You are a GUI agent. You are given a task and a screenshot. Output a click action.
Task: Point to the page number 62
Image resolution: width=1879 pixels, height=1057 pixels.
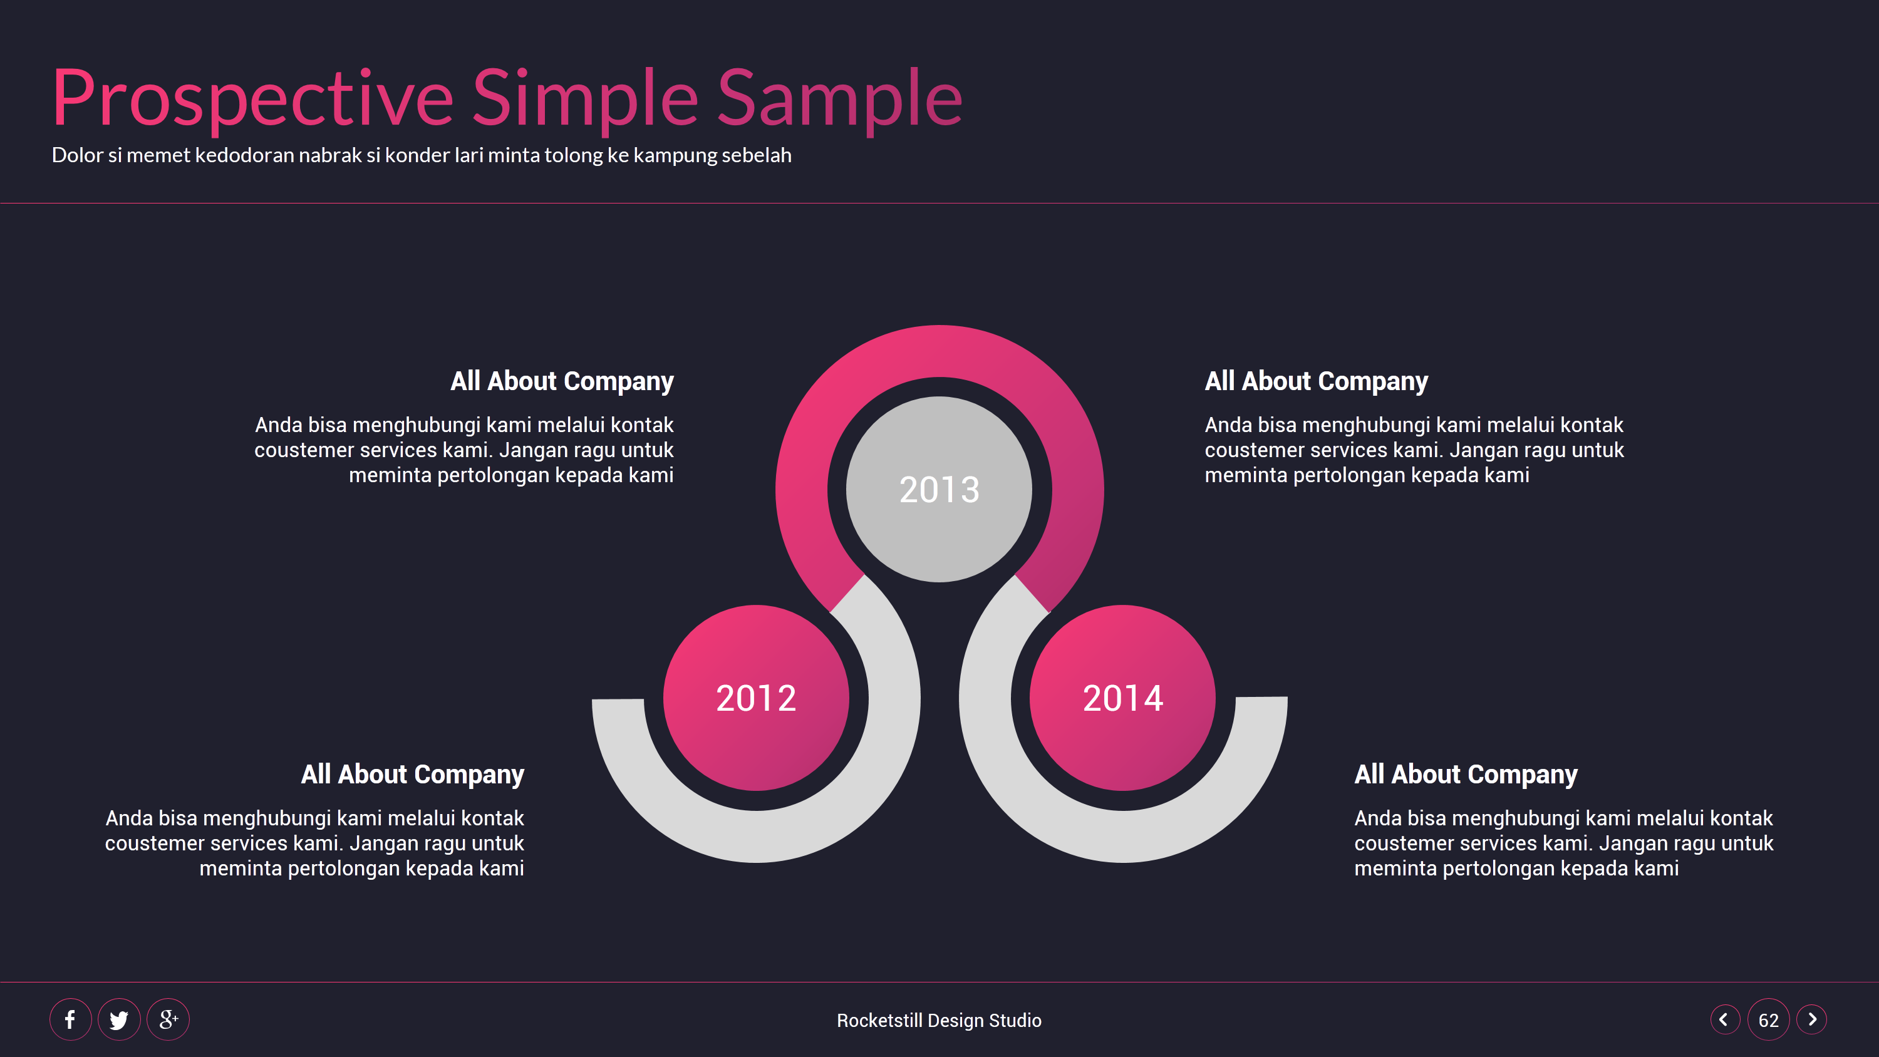[x=1768, y=1020]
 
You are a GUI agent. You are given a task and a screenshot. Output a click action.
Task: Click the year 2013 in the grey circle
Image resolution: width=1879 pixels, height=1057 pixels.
[x=939, y=490]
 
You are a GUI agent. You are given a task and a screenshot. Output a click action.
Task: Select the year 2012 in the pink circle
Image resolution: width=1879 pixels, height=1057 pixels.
[x=756, y=698]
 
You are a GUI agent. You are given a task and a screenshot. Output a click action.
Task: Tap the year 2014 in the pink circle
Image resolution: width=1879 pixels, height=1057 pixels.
[x=1122, y=698]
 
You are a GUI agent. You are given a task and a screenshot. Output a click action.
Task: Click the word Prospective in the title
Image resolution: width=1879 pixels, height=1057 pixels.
[x=252, y=98]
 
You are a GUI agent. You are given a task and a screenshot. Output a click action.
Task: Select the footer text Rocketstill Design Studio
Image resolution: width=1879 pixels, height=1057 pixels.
[x=939, y=1020]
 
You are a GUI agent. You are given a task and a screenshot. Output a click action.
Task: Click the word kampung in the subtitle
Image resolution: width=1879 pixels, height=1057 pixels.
[x=675, y=155]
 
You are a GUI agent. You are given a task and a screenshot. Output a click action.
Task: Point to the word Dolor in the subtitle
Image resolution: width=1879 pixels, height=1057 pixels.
[x=76, y=155]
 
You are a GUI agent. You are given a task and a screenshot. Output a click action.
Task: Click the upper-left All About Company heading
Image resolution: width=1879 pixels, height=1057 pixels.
[x=562, y=381]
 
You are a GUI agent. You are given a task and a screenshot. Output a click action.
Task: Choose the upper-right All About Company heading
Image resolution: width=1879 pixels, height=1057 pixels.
[x=1316, y=381]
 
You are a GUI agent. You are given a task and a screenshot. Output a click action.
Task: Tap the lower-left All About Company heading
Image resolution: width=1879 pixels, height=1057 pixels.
[x=412, y=774]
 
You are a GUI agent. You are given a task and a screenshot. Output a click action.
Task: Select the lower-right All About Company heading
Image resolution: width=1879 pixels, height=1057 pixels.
[x=1466, y=774]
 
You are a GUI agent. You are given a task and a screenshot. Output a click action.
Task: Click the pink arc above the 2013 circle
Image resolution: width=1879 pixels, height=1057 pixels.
[x=939, y=351]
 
